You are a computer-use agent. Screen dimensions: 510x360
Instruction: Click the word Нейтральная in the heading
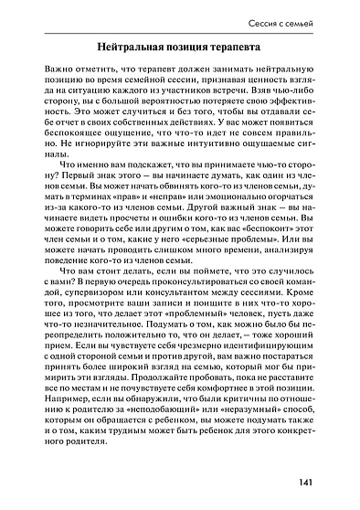(x=141, y=45)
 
